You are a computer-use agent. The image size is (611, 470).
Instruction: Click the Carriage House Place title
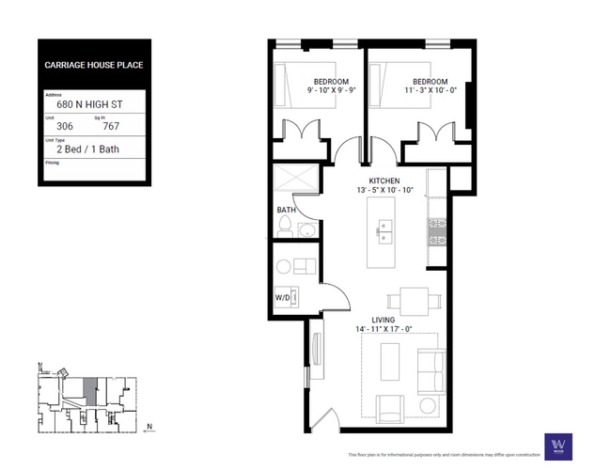pyautogui.click(x=93, y=66)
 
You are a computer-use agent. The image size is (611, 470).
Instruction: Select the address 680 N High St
pyautogui.click(x=89, y=106)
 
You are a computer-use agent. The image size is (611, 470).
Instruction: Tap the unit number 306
pyautogui.click(x=65, y=126)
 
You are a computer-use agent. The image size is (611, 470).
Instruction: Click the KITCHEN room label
pyautogui.click(x=384, y=180)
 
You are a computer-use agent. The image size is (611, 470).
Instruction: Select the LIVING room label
pyautogui.click(x=383, y=320)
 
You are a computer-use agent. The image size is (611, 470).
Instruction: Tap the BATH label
pyautogui.click(x=286, y=210)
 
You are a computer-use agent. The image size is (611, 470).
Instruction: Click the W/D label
pyautogui.click(x=282, y=298)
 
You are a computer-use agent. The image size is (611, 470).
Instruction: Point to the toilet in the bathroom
pyautogui.click(x=285, y=227)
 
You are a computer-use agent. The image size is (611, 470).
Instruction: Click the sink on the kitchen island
pyautogui.click(x=385, y=227)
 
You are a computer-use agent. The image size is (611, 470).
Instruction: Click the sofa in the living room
pyautogui.click(x=432, y=370)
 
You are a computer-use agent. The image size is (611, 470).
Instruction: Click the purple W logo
pyautogui.click(x=559, y=445)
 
